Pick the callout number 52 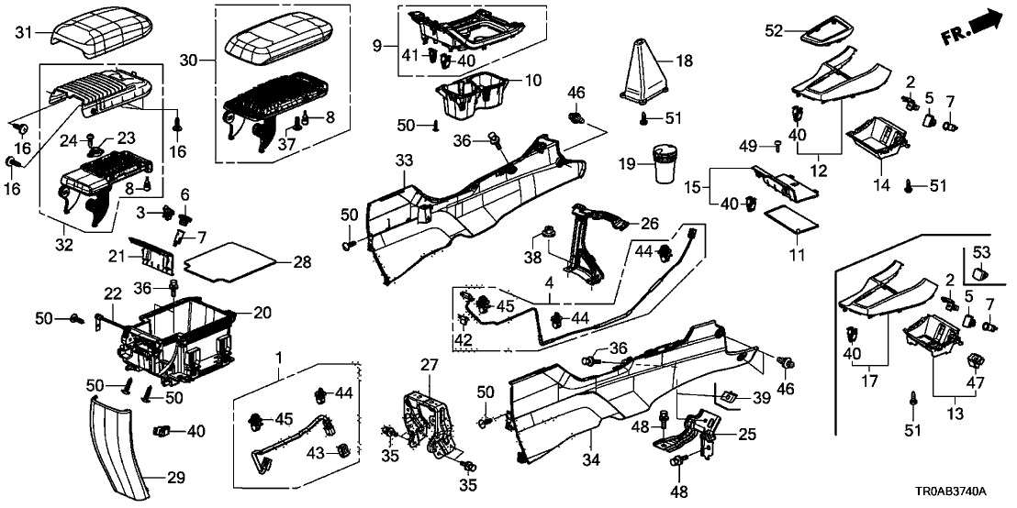775,30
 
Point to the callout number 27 428,366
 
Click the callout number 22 112,294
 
